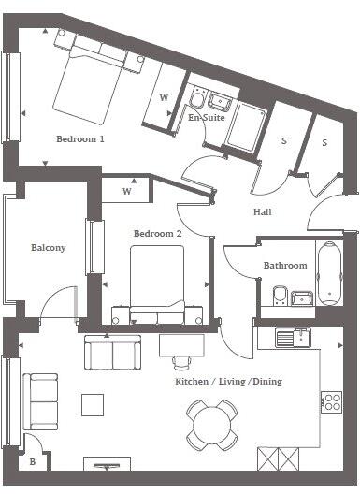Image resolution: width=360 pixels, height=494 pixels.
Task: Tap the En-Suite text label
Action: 206,119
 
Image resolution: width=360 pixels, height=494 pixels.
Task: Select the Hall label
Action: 263,212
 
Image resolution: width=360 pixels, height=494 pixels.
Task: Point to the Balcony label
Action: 48,248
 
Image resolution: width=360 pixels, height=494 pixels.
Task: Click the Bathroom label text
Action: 284,266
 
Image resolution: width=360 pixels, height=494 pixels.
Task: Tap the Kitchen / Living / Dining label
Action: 229,382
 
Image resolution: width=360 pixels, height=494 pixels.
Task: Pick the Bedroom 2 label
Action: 157,233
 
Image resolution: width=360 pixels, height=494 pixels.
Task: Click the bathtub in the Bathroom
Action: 329,274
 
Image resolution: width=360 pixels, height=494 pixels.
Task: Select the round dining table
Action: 211,422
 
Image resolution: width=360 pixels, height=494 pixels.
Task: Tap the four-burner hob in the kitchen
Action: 332,401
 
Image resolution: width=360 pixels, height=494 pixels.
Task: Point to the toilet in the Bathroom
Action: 277,298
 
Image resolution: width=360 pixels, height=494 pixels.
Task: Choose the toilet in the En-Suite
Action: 198,98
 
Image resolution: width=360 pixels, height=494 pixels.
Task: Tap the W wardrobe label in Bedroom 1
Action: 163,98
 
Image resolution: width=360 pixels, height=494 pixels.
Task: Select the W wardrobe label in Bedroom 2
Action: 128,192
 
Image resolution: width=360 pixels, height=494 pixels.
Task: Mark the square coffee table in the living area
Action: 93,404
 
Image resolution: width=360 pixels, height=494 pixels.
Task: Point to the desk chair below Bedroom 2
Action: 180,360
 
